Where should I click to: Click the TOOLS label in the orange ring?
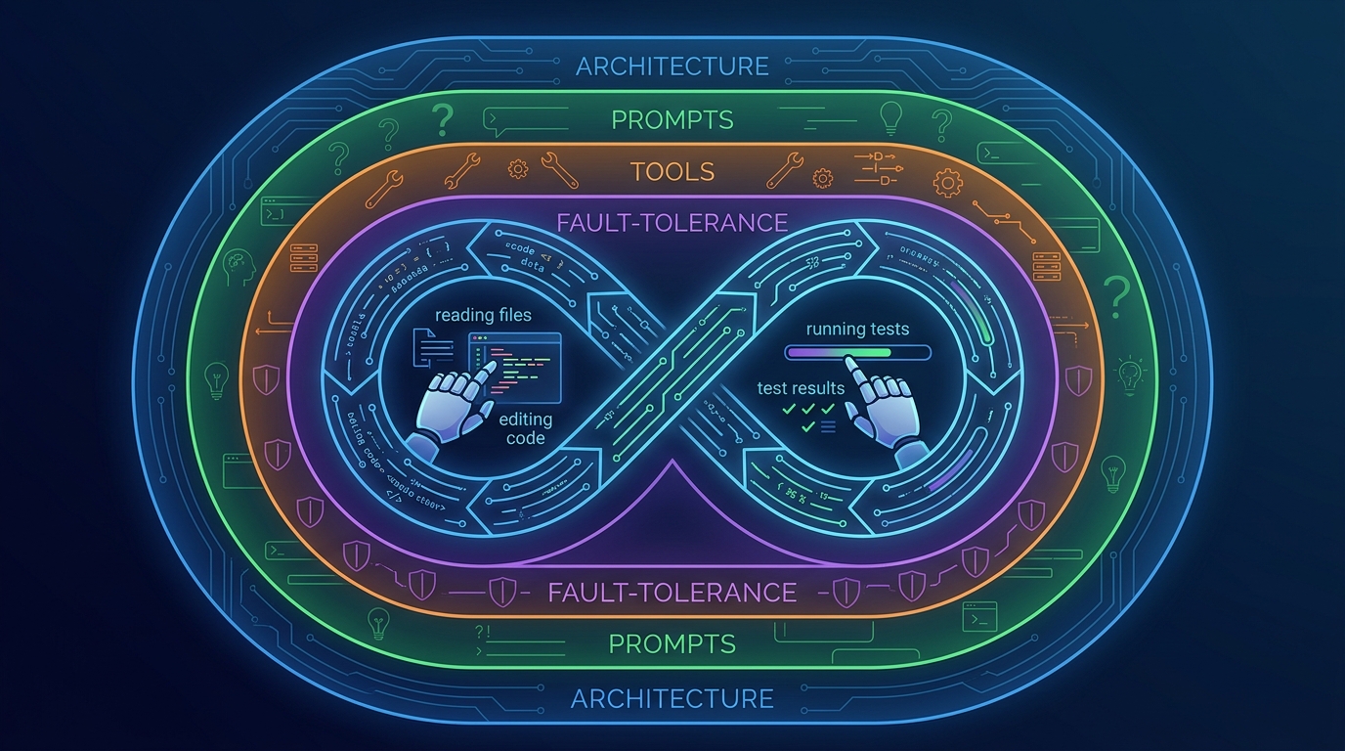coord(672,172)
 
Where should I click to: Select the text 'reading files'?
coord(483,315)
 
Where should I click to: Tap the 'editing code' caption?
coord(526,428)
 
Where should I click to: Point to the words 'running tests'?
coord(856,329)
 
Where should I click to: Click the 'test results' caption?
coord(801,388)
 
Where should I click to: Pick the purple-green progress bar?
coord(857,352)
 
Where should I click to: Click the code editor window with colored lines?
coord(515,366)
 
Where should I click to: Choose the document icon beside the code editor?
coord(427,349)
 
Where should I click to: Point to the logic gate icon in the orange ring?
coord(876,167)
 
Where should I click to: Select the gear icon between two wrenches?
coord(517,169)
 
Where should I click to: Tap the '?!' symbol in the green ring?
coord(481,633)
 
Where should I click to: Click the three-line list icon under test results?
coord(827,425)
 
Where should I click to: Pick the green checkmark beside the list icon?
coord(808,425)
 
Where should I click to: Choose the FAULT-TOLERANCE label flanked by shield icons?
coord(672,592)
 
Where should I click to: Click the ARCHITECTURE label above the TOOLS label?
coord(672,66)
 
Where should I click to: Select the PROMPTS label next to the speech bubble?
coord(672,120)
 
